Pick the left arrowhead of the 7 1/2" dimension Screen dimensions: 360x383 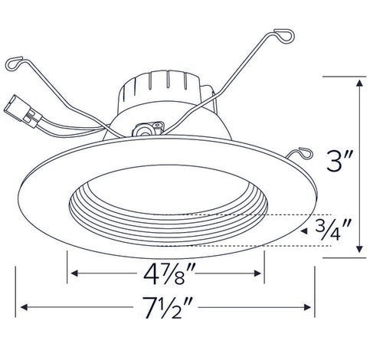pos(25,308)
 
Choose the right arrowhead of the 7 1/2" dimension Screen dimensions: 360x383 pos(310,308)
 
